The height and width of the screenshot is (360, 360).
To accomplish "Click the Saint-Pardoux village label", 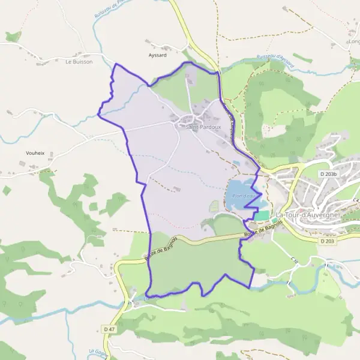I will (x=203, y=127).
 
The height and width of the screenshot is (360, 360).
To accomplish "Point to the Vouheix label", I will (x=35, y=153).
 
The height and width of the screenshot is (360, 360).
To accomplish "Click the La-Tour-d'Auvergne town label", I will (x=307, y=215).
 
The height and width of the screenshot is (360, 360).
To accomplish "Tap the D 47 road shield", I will (x=109, y=329).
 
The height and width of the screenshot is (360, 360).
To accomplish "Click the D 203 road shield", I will (x=327, y=241).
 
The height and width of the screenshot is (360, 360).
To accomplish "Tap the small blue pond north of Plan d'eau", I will (x=236, y=163).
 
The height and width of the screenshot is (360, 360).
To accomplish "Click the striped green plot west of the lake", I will (x=215, y=206).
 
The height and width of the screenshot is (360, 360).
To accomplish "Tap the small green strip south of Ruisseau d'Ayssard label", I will (x=302, y=58).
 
